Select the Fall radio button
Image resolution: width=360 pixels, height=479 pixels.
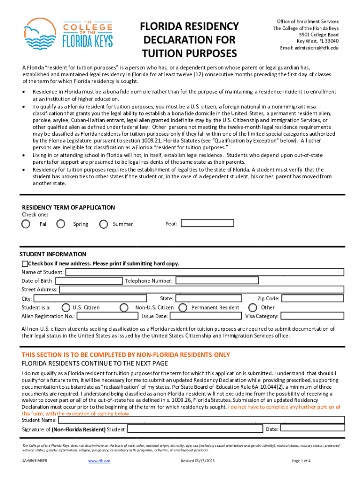click(x=26, y=224)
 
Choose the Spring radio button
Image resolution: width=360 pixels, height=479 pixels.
click(x=61, y=224)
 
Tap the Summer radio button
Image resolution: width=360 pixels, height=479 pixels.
click(x=104, y=224)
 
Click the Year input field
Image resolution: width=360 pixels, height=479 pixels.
click(x=207, y=223)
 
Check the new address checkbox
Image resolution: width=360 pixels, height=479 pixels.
click(x=25, y=264)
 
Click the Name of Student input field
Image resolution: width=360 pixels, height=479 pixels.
click(x=205, y=272)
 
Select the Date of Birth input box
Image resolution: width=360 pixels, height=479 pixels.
click(x=88, y=281)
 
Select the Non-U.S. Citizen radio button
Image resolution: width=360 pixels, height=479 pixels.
click(x=124, y=307)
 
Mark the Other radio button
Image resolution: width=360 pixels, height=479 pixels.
click(x=253, y=307)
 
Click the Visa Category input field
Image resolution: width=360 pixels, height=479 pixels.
click(x=313, y=316)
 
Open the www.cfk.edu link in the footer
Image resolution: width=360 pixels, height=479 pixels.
click(x=99, y=461)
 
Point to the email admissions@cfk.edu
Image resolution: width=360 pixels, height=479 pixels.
click(x=309, y=48)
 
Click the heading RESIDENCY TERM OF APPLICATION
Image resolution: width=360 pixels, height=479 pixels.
click(x=68, y=207)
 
